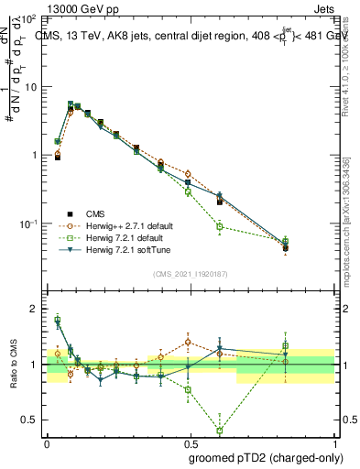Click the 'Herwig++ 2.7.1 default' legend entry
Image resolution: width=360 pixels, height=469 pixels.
click(115, 224)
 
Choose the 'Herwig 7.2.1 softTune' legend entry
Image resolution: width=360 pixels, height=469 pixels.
click(115, 248)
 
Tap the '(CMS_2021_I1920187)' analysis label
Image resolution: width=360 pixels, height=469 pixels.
click(191, 273)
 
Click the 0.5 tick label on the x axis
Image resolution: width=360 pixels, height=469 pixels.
click(191, 442)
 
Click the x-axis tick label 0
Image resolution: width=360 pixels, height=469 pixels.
click(47, 442)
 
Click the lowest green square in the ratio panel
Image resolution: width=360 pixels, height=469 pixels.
click(220, 431)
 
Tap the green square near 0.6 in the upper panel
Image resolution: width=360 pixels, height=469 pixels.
click(220, 226)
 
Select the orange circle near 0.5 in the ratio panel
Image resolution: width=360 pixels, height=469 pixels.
click(188, 342)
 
